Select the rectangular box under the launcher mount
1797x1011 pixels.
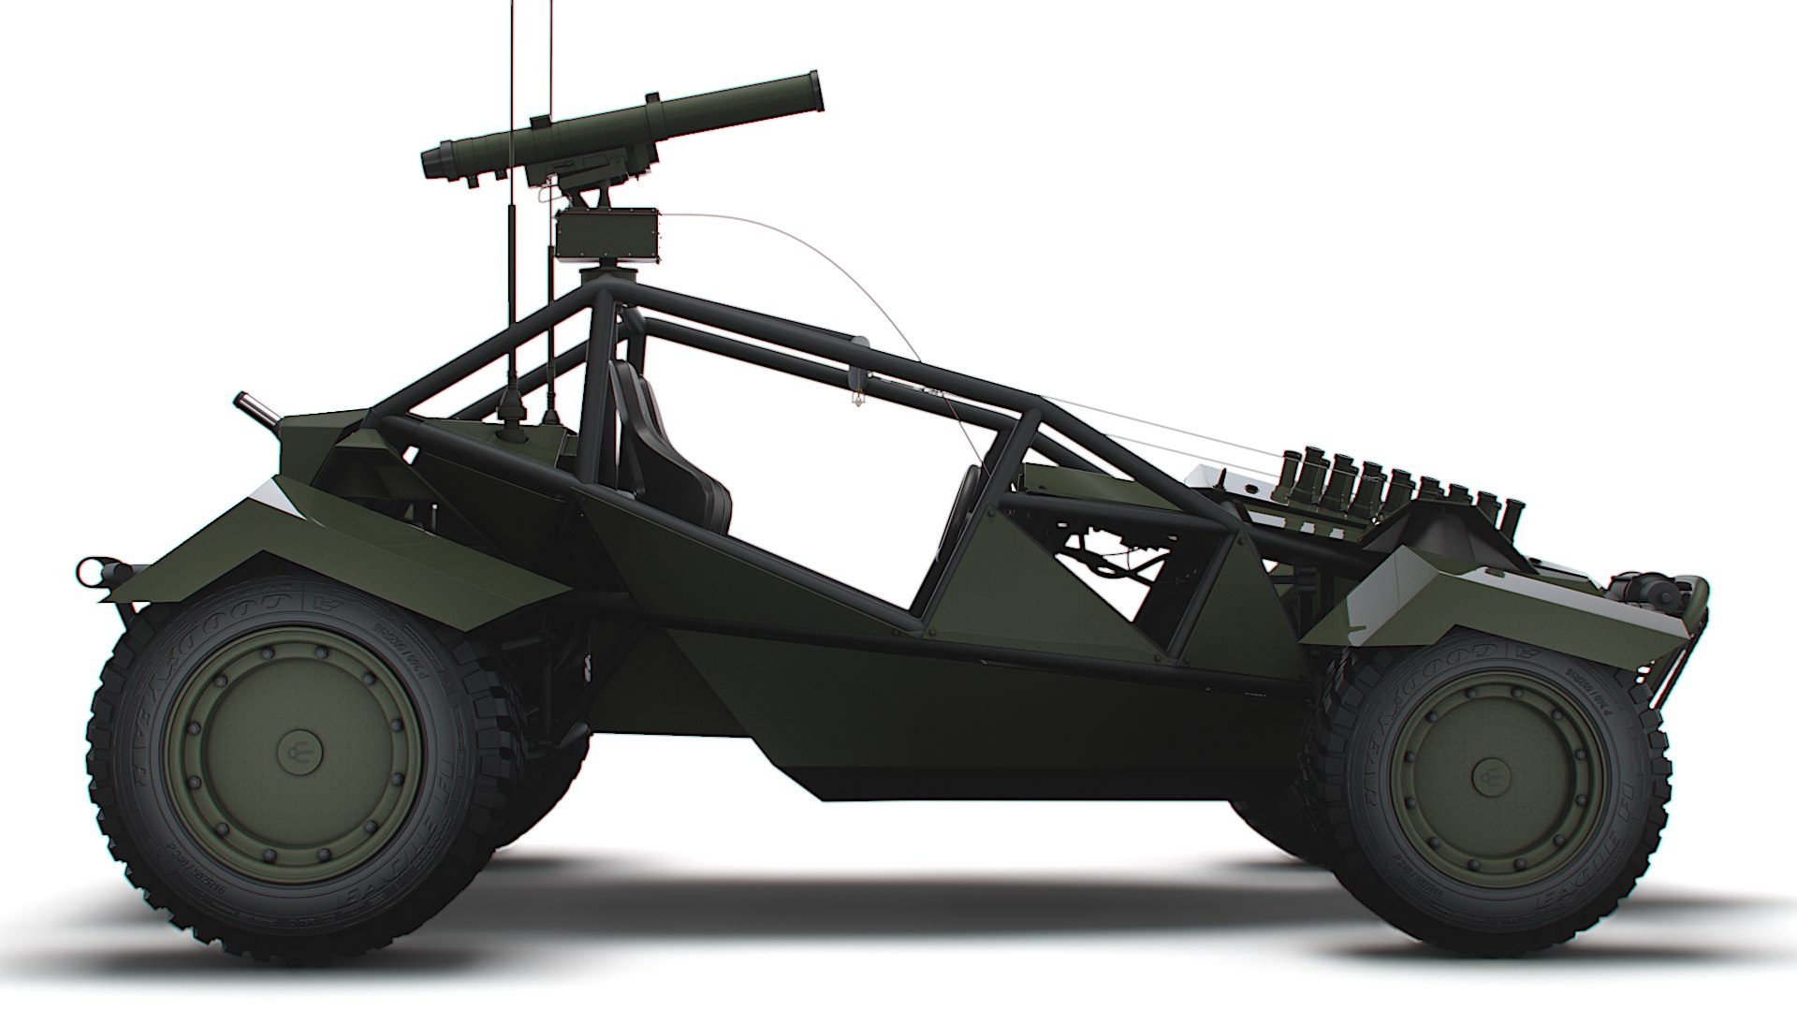(607, 234)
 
